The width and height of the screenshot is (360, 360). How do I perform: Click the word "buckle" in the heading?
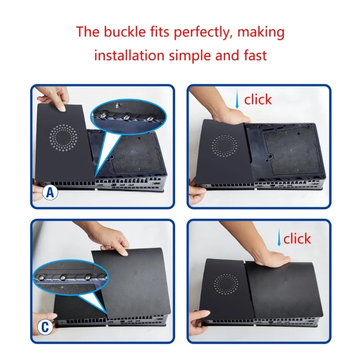(125, 31)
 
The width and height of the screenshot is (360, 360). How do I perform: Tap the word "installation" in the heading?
(129, 55)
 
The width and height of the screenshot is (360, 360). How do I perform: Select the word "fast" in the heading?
(255, 55)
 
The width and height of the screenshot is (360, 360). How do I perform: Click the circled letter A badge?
(50, 193)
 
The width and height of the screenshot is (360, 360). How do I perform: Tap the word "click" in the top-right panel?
(258, 99)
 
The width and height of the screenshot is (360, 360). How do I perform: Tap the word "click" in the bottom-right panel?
(297, 239)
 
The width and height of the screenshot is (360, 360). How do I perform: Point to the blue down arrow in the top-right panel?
(237, 99)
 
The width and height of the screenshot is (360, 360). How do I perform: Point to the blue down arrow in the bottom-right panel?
(279, 237)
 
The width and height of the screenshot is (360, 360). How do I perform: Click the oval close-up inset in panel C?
(71, 278)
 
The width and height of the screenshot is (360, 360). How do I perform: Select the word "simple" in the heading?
(189, 56)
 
